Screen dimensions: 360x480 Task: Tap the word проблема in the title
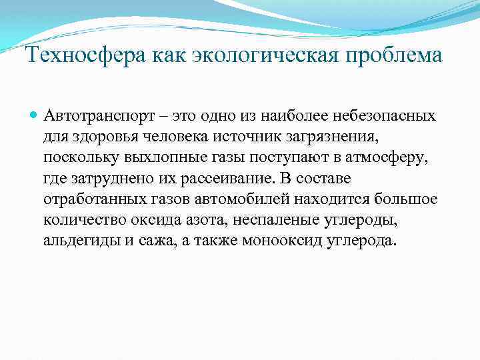click(x=400, y=55)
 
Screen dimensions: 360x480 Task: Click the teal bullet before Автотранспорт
click(x=34, y=115)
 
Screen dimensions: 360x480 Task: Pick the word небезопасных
click(x=380, y=116)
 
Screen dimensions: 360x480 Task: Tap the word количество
click(x=82, y=220)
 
